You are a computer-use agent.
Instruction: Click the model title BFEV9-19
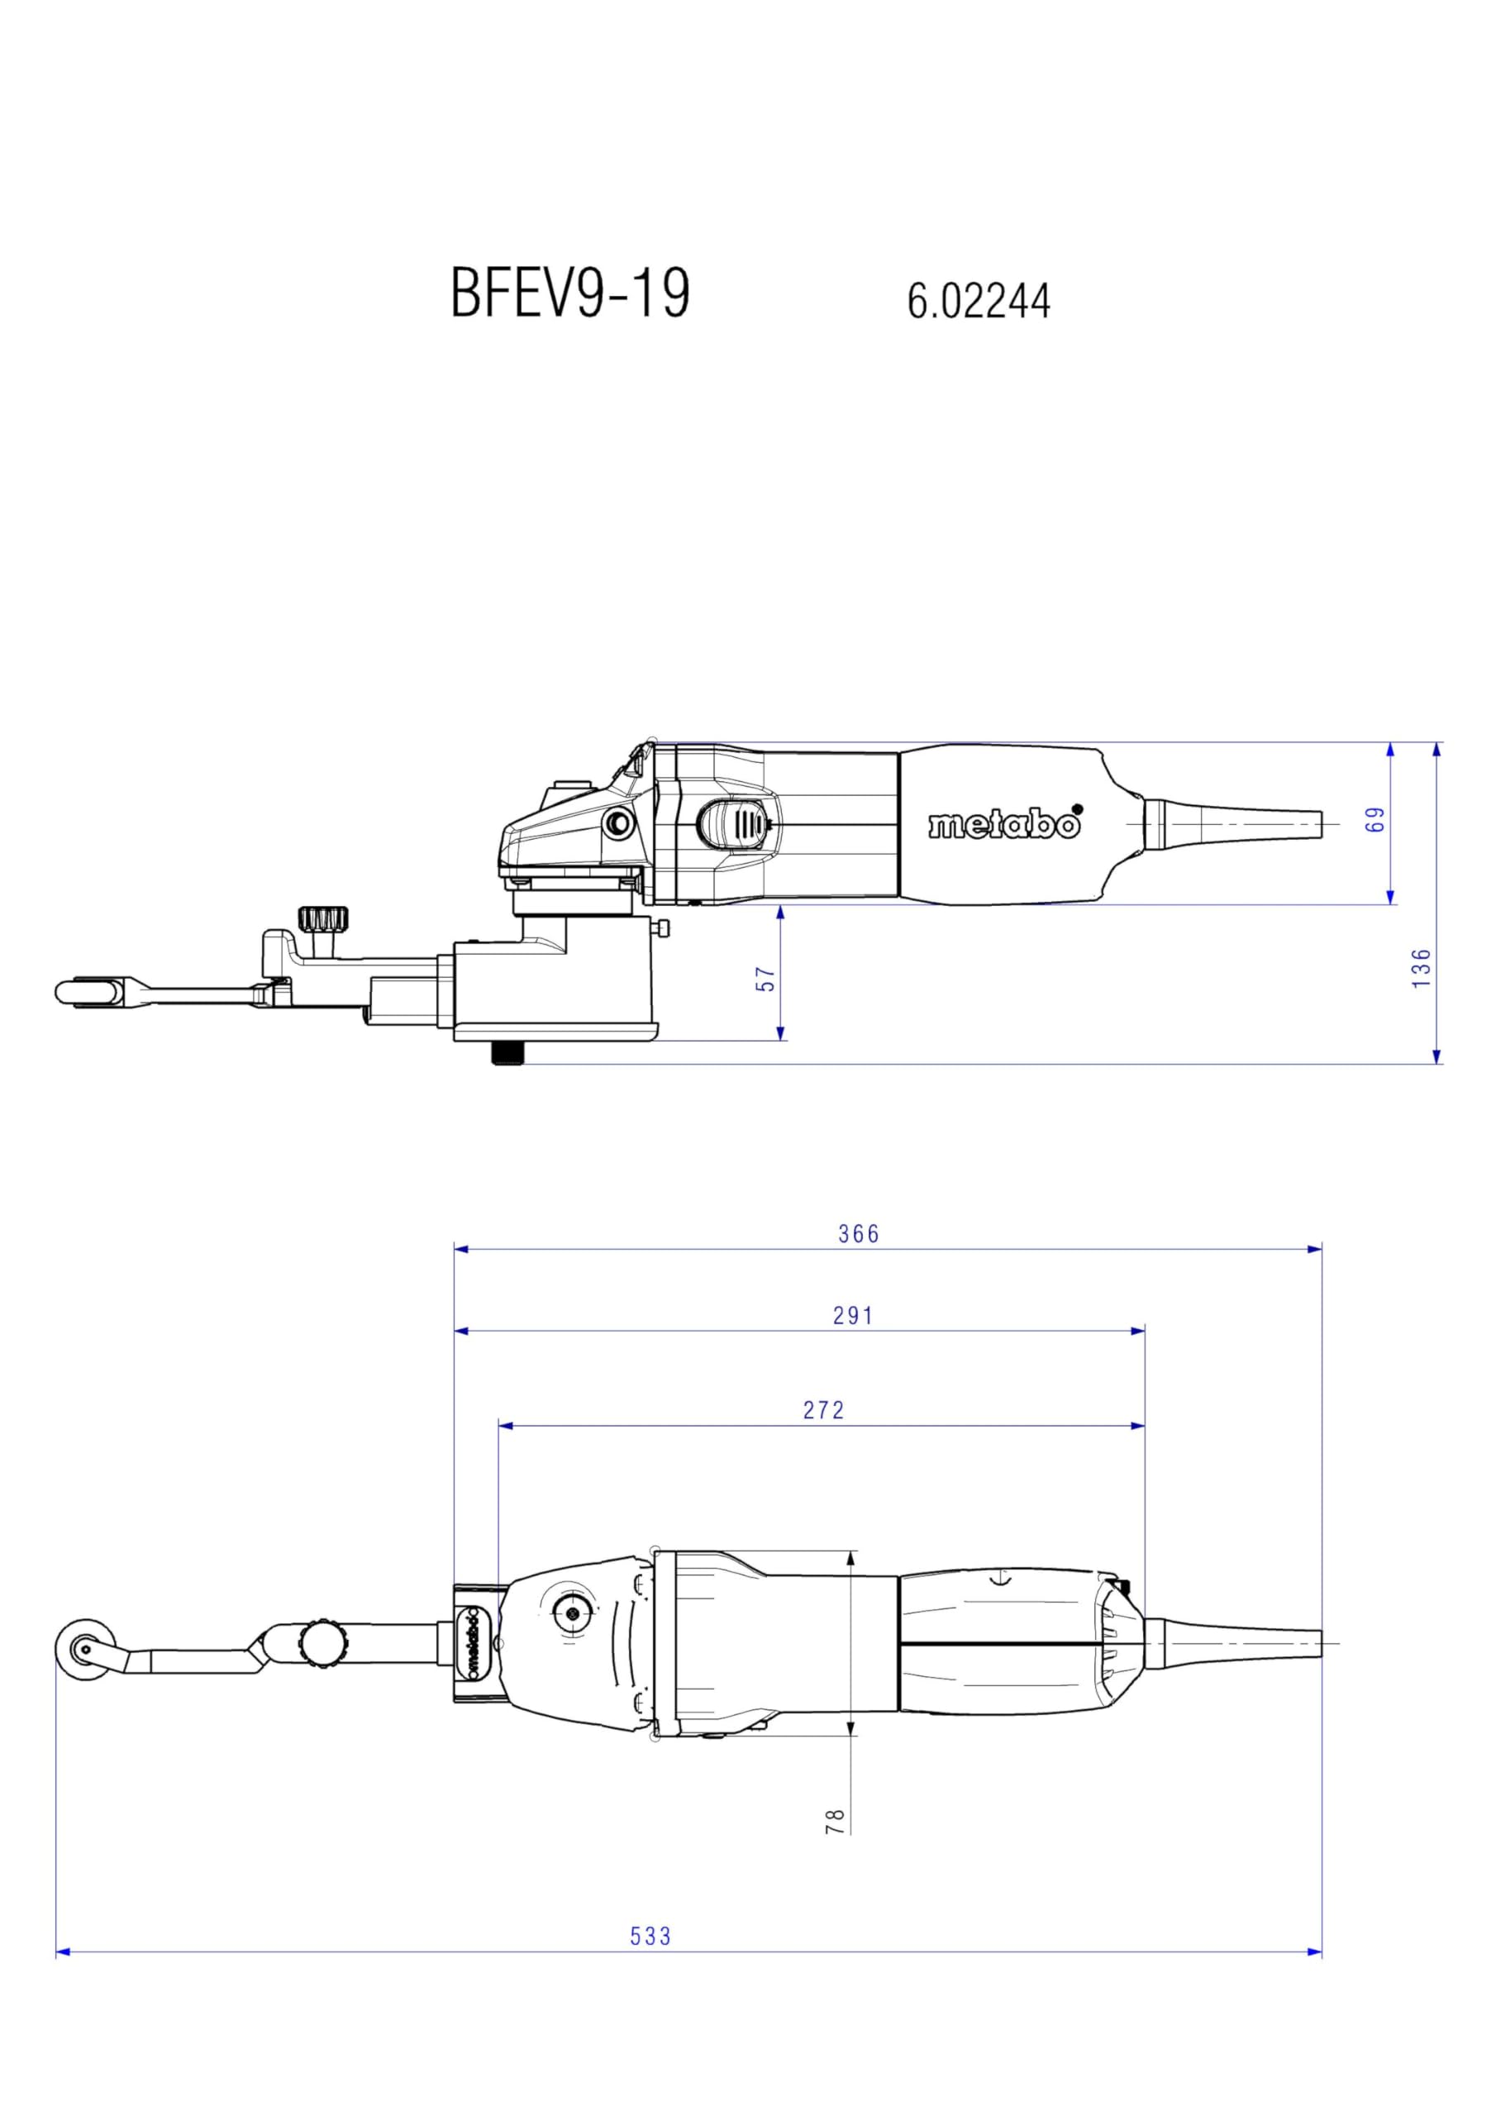tap(569, 293)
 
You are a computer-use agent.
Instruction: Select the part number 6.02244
tap(978, 300)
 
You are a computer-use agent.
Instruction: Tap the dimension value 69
tap(1375, 819)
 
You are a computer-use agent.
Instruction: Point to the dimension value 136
tap(1422, 969)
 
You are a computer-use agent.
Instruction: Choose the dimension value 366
tap(859, 1233)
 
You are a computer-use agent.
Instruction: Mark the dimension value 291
tap(853, 1316)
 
